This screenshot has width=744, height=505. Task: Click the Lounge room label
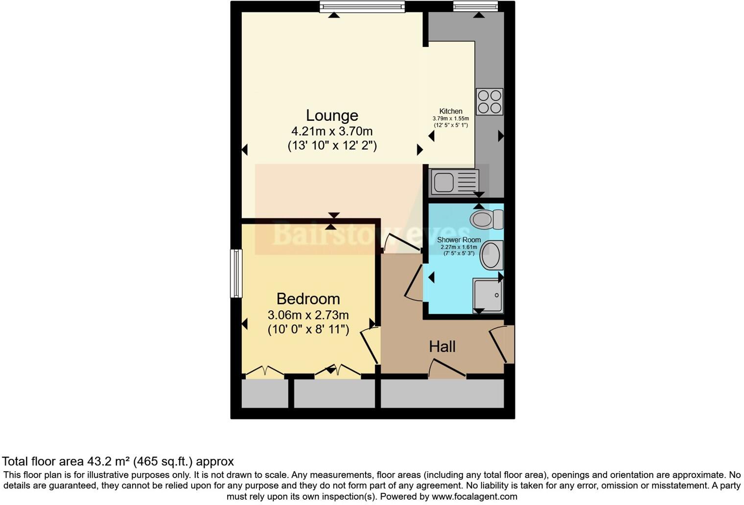tap(332, 115)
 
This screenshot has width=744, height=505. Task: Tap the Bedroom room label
tap(308, 298)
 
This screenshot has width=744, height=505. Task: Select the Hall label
tap(442, 347)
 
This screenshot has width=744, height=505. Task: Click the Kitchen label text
tap(450, 111)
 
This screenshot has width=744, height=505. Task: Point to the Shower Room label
tap(459, 240)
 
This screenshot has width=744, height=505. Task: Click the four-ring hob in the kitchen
tap(489, 102)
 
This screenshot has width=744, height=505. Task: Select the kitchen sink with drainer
tap(454, 182)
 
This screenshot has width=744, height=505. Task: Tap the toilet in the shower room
tap(487, 219)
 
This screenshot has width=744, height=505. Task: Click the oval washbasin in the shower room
tap(491, 255)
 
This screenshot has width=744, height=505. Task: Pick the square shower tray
tap(488, 296)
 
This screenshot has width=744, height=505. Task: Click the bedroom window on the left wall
tap(236, 273)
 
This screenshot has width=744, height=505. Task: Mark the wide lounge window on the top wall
tap(362, 6)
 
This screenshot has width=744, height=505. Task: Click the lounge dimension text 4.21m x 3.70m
tap(332, 131)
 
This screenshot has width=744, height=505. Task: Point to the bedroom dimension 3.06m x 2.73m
tap(308, 315)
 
